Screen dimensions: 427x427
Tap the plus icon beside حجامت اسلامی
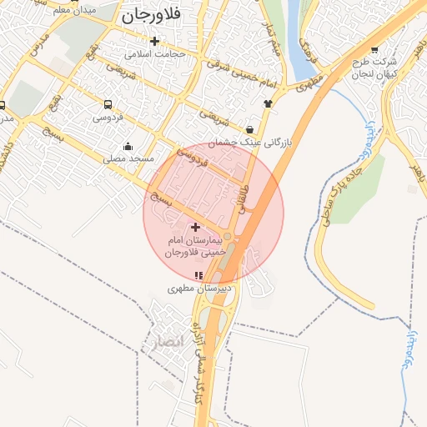point(153,41)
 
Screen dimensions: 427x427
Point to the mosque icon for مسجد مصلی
point(127,146)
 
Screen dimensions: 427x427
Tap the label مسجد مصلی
point(127,158)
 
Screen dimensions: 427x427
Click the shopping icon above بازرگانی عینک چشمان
point(250,129)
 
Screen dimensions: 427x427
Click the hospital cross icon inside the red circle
point(195,227)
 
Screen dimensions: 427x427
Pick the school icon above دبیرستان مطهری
point(198,274)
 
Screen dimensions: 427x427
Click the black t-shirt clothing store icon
point(268,103)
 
